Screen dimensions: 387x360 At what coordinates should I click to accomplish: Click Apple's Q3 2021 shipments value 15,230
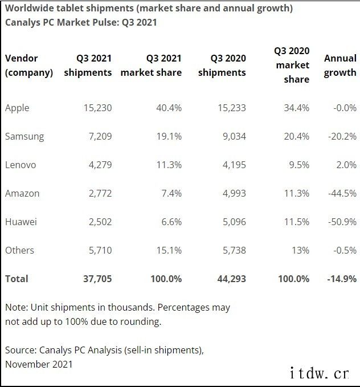tap(95, 108)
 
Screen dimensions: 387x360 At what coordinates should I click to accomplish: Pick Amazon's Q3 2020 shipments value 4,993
tap(232, 193)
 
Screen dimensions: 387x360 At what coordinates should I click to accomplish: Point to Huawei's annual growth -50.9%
tap(342, 222)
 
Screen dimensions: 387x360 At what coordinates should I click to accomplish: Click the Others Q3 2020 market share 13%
tap(301, 250)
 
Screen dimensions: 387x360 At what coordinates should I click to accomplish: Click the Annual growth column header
tap(340, 66)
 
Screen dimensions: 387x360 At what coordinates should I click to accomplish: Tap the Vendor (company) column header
tap(28, 66)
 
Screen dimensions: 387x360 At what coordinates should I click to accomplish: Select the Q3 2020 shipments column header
tap(222, 66)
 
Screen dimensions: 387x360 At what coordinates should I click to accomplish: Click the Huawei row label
tap(21, 222)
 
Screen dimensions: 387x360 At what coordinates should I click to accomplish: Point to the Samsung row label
tap(24, 136)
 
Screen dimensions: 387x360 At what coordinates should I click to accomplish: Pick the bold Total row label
tap(16, 279)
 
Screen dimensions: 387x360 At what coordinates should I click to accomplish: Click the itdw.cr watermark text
tap(319, 373)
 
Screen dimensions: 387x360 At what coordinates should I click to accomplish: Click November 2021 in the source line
tap(39, 363)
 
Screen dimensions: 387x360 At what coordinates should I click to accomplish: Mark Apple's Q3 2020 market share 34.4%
tap(296, 108)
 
